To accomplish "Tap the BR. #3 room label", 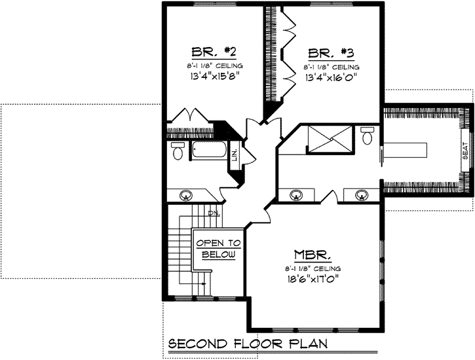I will tap(328, 52).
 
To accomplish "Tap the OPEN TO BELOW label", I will tap(218, 249).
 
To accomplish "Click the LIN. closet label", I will tap(235, 154).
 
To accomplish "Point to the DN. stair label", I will tap(213, 213).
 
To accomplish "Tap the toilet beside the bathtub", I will tap(178, 151).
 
